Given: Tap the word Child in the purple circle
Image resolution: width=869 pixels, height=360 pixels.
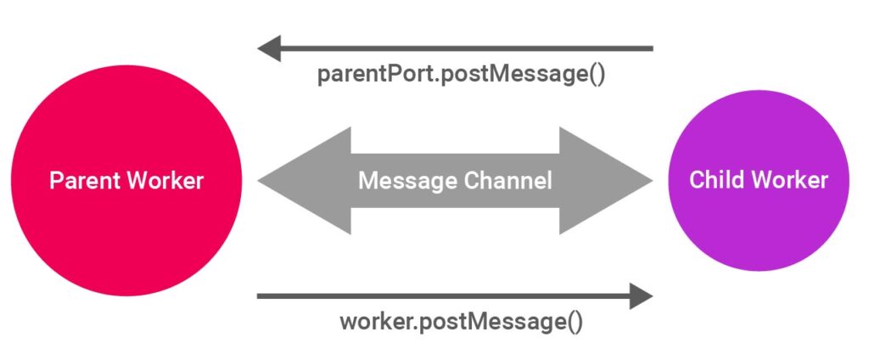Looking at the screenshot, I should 715,180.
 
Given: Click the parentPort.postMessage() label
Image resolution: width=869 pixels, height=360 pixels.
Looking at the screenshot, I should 462,75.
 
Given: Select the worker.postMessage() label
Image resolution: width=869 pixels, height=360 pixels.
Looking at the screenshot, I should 462,323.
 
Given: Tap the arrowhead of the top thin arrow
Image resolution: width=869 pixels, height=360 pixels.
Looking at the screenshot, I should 270,48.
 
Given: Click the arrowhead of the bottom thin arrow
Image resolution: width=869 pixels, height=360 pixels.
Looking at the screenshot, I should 641,296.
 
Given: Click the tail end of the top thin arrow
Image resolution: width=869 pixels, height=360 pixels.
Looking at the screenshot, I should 650,48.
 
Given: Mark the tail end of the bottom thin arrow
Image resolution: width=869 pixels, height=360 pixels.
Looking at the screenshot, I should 260,296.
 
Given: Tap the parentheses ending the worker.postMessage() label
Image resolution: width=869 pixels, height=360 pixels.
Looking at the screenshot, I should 575,323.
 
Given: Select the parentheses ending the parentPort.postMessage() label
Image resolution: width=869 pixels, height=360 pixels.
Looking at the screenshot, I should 597,75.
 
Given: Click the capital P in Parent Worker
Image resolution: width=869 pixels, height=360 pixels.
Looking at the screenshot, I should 55,181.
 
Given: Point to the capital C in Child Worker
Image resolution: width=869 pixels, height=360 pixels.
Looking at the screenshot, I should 697,180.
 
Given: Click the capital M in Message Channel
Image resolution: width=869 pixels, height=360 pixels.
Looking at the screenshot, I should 367,181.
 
